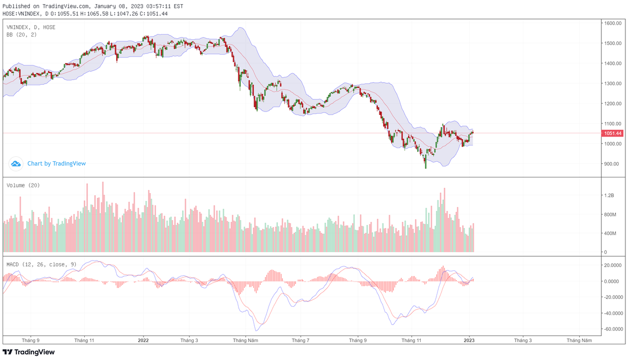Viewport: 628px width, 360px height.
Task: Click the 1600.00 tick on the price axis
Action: [x=612, y=23]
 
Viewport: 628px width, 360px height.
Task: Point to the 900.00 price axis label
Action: [x=612, y=164]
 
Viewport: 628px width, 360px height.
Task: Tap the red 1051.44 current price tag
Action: [x=613, y=133]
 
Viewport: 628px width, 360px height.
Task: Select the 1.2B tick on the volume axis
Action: [x=609, y=195]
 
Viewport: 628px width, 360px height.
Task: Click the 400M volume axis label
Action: [x=610, y=233]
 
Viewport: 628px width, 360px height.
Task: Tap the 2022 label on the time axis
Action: [x=143, y=340]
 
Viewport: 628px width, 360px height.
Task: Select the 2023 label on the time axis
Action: [x=469, y=340]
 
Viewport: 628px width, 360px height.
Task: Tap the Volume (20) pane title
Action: [x=23, y=185]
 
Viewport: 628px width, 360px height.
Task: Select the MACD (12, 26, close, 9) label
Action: [x=41, y=264]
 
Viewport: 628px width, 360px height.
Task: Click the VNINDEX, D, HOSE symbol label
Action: [x=31, y=27]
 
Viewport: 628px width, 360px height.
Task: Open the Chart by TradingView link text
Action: [x=57, y=164]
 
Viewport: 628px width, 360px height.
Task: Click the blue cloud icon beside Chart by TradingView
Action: [x=16, y=164]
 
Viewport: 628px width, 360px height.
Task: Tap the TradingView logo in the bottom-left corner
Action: [x=29, y=352]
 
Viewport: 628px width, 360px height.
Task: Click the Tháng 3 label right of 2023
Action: [x=523, y=340]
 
